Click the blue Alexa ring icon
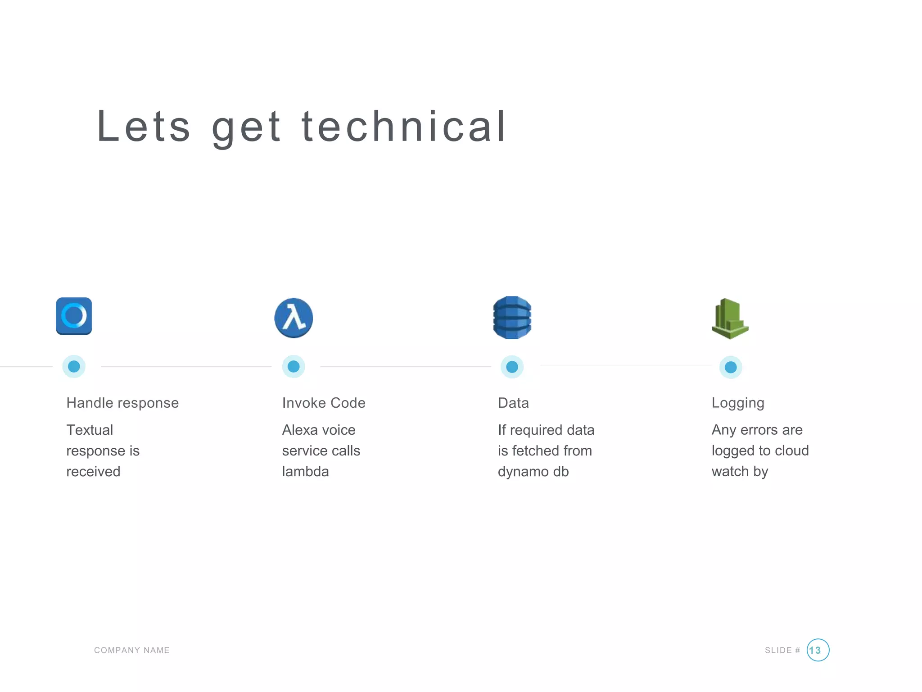point(74,316)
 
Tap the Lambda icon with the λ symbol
point(294,318)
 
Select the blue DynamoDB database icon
point(512,318)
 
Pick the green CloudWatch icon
point(730,319)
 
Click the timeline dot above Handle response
point(74,366)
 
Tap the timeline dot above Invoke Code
point(294,366)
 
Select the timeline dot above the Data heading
point(512,367)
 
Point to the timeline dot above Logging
point(731,367)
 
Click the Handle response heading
point(122,403)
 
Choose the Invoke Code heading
point(324,403)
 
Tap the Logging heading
point(738,403)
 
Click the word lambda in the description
point(305,472)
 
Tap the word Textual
point(90,430)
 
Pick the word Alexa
point(300,430)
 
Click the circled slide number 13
point(818,650)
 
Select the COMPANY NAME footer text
point(132,650)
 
